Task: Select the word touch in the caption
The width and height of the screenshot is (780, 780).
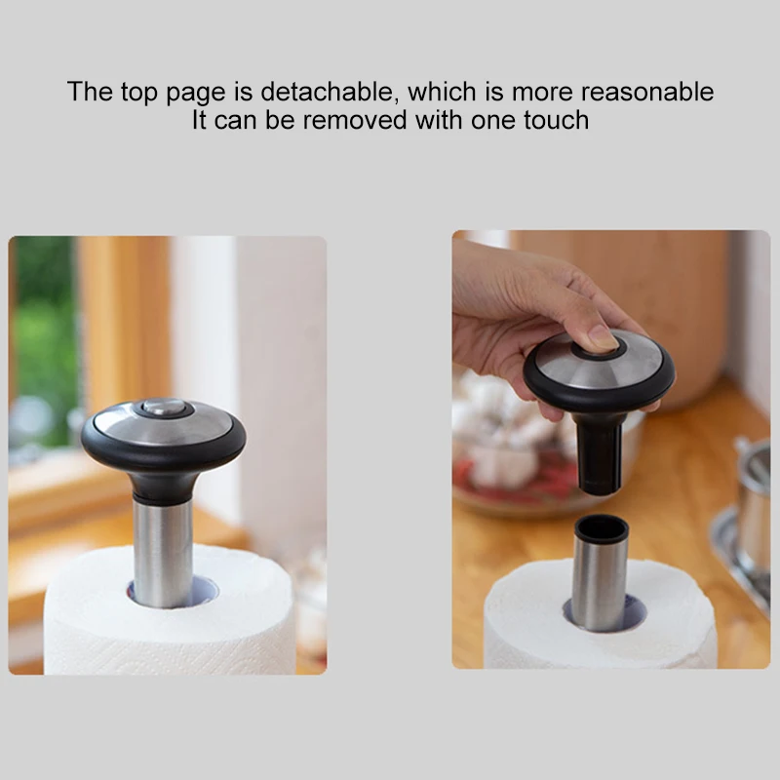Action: pos(554,121)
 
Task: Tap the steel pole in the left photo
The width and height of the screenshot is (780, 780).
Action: pos(163,551)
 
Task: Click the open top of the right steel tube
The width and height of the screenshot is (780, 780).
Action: pos(601,527)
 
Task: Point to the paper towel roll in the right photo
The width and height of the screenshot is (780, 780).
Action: pos(526,624)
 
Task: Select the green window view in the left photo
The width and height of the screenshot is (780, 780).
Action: pos(44,322)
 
